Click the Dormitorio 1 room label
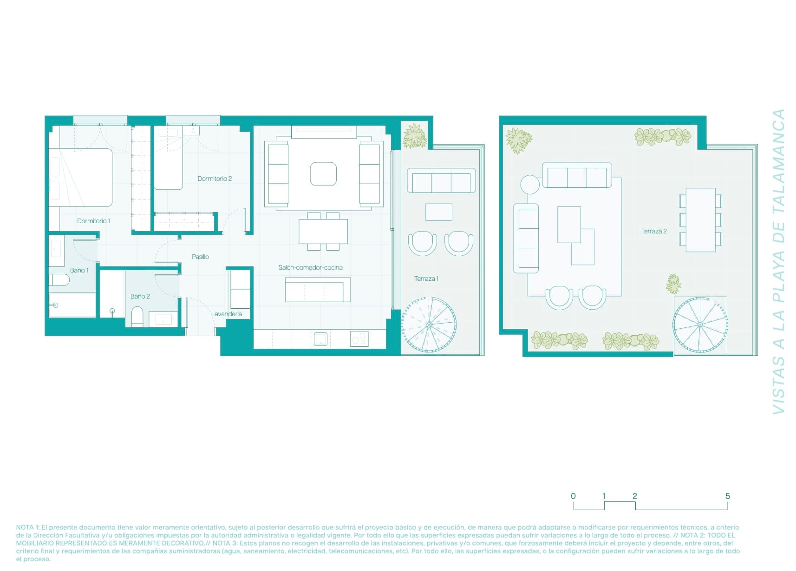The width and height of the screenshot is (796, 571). (x=93, y=221)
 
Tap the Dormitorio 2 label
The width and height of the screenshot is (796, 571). (x=215, y=179)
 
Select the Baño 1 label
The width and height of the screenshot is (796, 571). (x=79, y=270)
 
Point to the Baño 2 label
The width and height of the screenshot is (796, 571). (x=140, y=296)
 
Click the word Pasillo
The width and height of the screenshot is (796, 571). (x=200, y=257)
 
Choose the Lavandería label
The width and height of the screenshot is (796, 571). (x=226, y=314)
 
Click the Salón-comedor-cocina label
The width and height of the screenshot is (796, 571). (x=310, y=267)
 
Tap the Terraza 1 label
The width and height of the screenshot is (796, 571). (x=426, y=279)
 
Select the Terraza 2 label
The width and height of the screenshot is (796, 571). (x=653, y=231)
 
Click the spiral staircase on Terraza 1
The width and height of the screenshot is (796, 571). (x=429, y=324)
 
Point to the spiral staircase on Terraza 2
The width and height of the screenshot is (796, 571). (x=700, y=324)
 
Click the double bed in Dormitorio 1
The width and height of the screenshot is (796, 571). (x=81, y=178)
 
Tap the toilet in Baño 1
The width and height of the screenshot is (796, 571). (x=59, y=279)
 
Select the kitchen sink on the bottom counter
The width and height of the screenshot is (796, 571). (x=320, y=339)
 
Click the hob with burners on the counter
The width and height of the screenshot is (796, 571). (x=359, y=339)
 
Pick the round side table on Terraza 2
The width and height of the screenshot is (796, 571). (x=530, y=185)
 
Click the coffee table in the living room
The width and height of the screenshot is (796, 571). (x=323, y=174)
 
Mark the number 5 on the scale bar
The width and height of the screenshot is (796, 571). (x=727, y=496)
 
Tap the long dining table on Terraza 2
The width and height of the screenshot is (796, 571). (x=700, y=219)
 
